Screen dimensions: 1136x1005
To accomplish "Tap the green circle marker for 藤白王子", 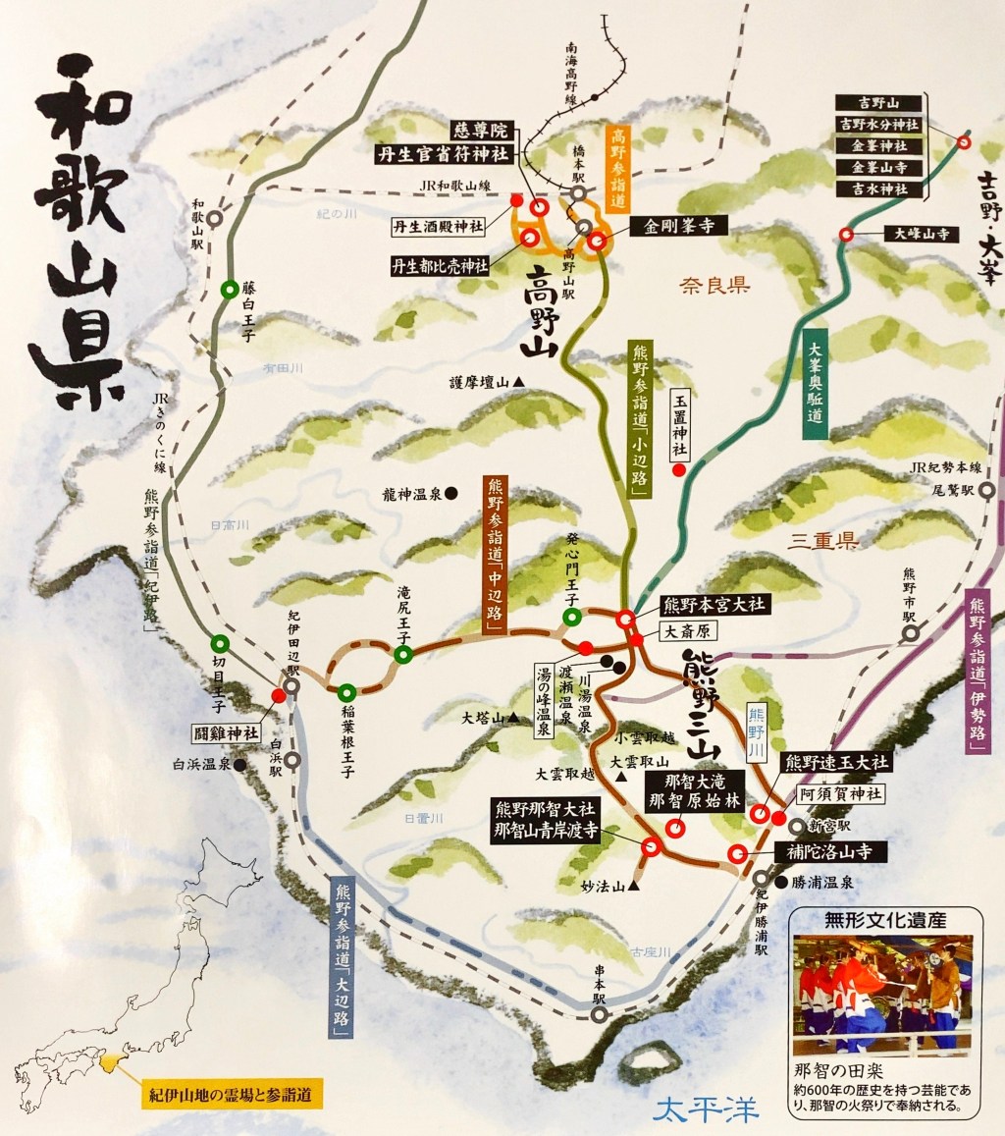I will coord(229,290).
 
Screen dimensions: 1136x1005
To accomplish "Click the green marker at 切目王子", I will coord(219,644).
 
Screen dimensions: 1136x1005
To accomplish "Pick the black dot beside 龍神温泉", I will coord(450,495).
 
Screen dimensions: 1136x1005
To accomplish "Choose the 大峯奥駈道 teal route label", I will coord(815,382).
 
